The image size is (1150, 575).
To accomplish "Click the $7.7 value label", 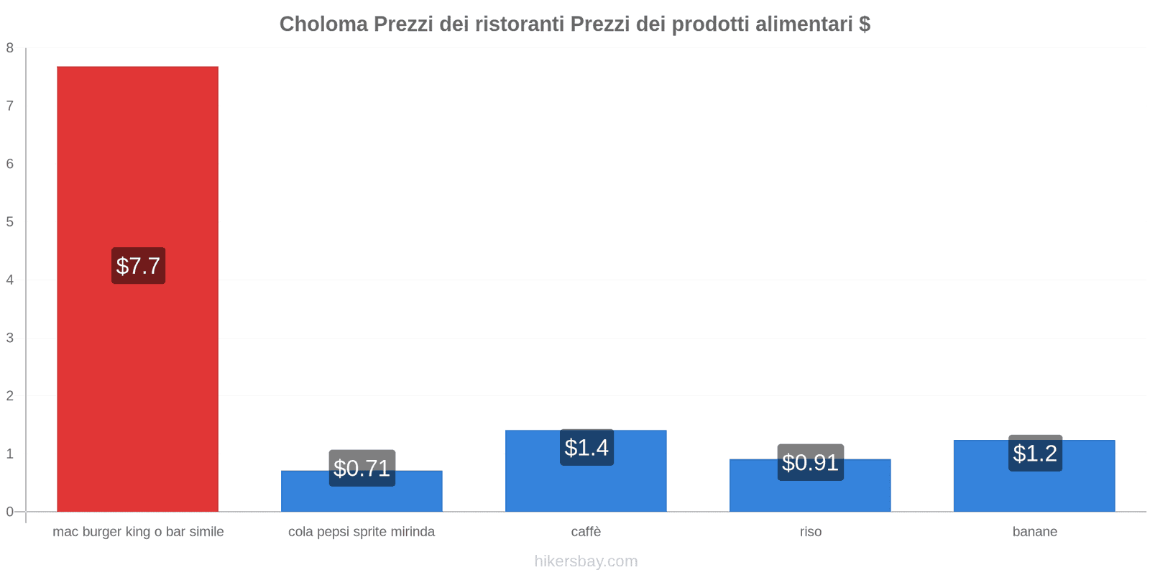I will point(138,266).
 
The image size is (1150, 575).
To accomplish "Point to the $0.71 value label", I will point(362,468).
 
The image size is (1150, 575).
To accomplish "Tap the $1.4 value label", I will point(586,448).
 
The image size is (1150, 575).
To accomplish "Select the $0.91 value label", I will point(810,462).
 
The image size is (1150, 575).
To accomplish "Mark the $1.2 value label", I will point(1035,454).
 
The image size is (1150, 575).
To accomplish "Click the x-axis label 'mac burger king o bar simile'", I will point(138,532).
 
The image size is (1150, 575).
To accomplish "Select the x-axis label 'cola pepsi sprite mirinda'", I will point(362,532).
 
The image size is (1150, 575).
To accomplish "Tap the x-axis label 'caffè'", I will point(586,532).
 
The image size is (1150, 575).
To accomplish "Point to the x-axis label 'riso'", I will point(810,532).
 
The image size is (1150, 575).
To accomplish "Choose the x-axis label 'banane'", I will point(1034,532).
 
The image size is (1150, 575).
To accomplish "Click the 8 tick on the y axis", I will point(10,48).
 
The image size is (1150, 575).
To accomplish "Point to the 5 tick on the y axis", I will point(10,222).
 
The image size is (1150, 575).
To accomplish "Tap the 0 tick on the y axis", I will point(10,512).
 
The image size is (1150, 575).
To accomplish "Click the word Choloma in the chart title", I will point(323,24).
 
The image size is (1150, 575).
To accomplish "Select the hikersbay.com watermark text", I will point(586,561).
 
